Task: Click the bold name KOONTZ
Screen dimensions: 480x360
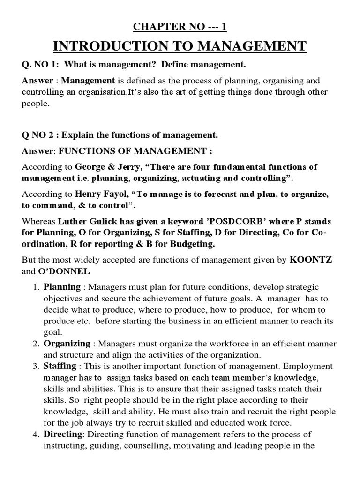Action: coord(311,260)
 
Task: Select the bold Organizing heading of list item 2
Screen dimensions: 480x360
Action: coord(67,344)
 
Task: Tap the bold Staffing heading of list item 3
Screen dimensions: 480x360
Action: coord(60,366)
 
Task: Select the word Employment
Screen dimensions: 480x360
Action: coord(311,366)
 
